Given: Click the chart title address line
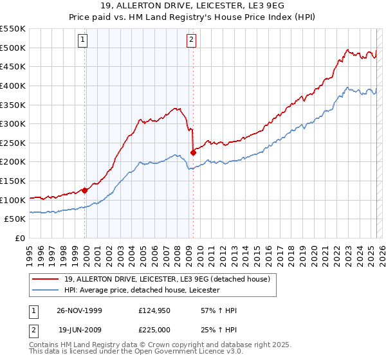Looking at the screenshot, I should coord(193,6).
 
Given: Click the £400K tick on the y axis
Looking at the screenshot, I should coord(13,85).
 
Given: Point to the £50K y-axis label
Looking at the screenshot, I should coord(15,219).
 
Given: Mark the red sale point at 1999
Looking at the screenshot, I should coord(85,190).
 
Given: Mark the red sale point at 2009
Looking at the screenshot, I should coord(193,152).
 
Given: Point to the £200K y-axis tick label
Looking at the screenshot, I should coord(13,162).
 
